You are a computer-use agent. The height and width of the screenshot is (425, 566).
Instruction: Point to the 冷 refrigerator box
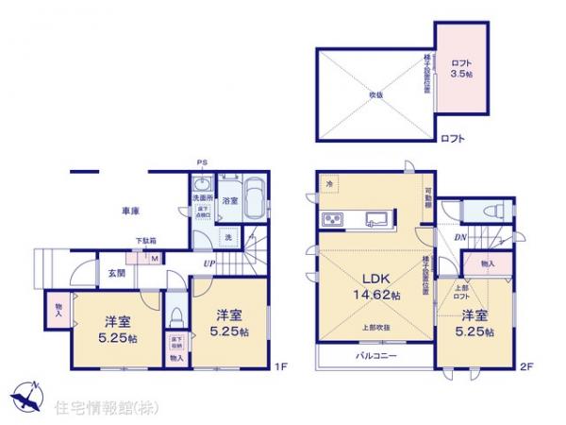329,183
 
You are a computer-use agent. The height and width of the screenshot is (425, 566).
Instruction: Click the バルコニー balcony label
375,357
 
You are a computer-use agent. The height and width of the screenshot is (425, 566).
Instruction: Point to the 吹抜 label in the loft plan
375,93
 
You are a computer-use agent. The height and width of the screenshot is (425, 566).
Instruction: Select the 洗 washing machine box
228,238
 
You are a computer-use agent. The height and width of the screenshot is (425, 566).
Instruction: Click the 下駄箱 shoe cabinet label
145,241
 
